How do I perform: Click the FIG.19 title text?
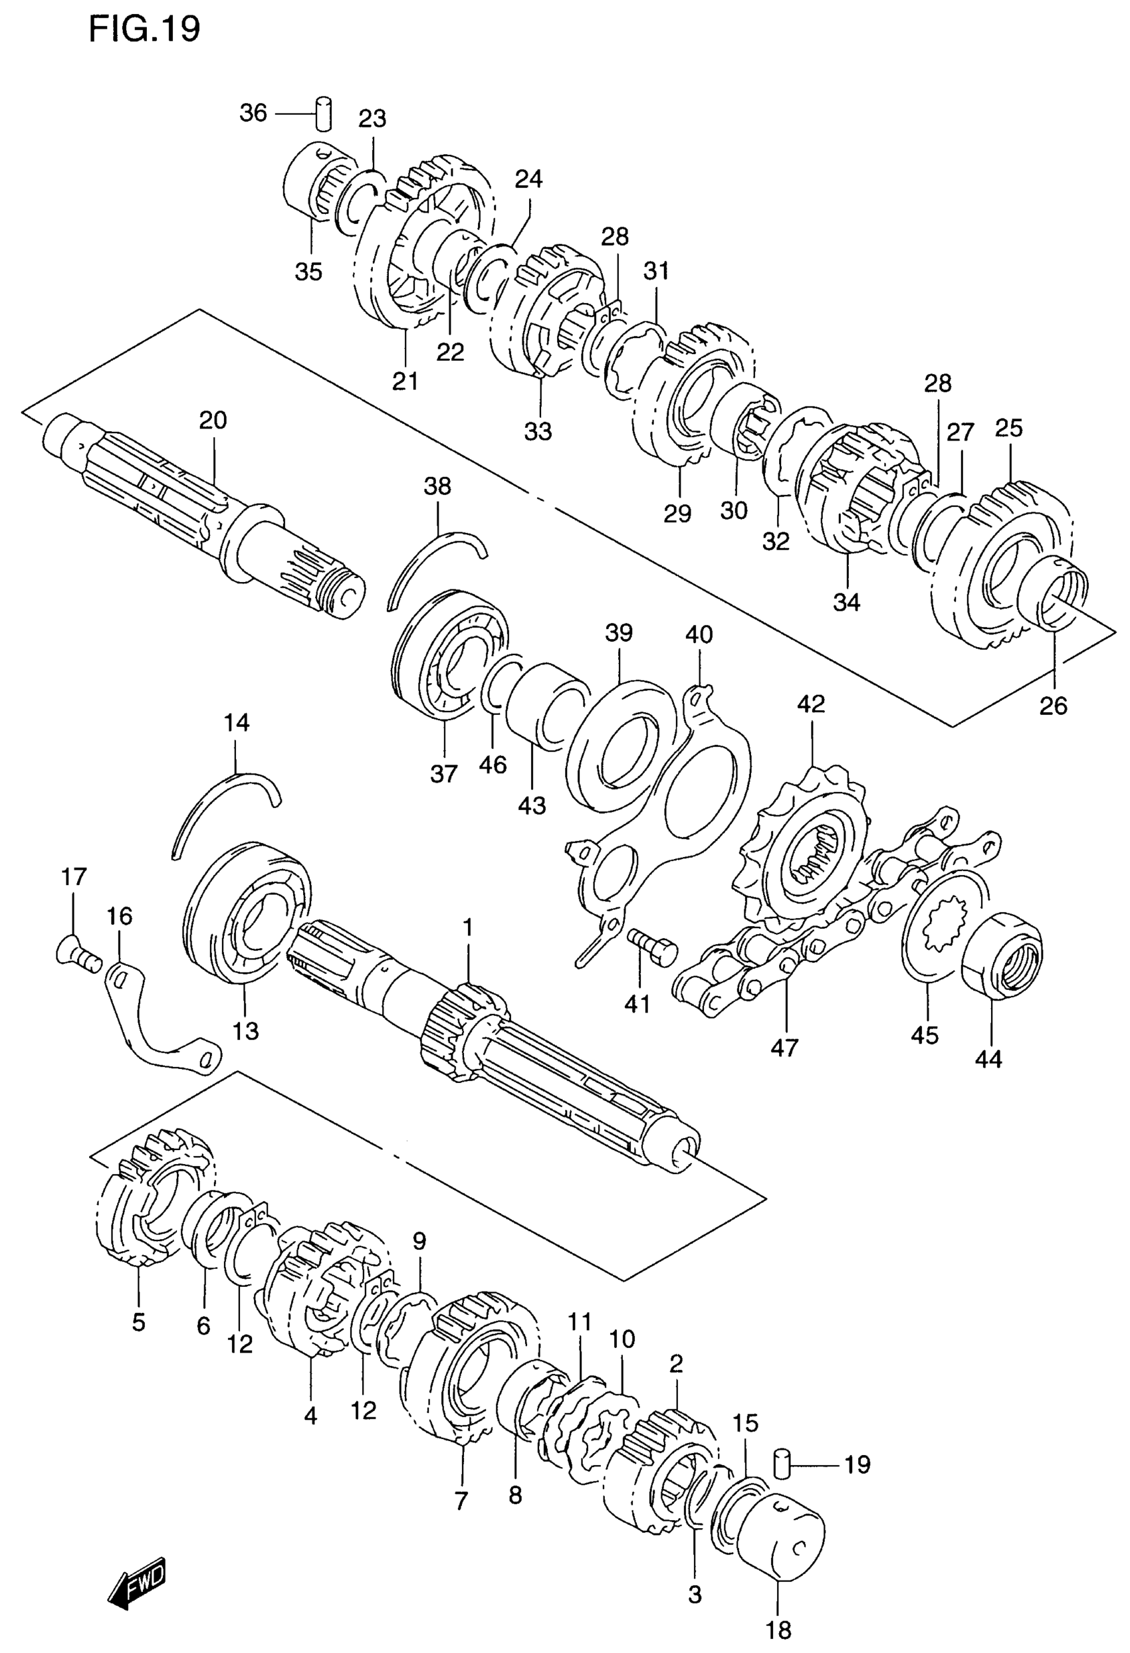[144, 29]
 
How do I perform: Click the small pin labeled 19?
[783, 1464]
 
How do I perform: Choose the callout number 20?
[213, 421]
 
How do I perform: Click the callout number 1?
[467, 927]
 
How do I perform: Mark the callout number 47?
[785, 1048]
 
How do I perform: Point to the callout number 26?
[1053, 706]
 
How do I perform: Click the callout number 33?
[538, 431]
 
